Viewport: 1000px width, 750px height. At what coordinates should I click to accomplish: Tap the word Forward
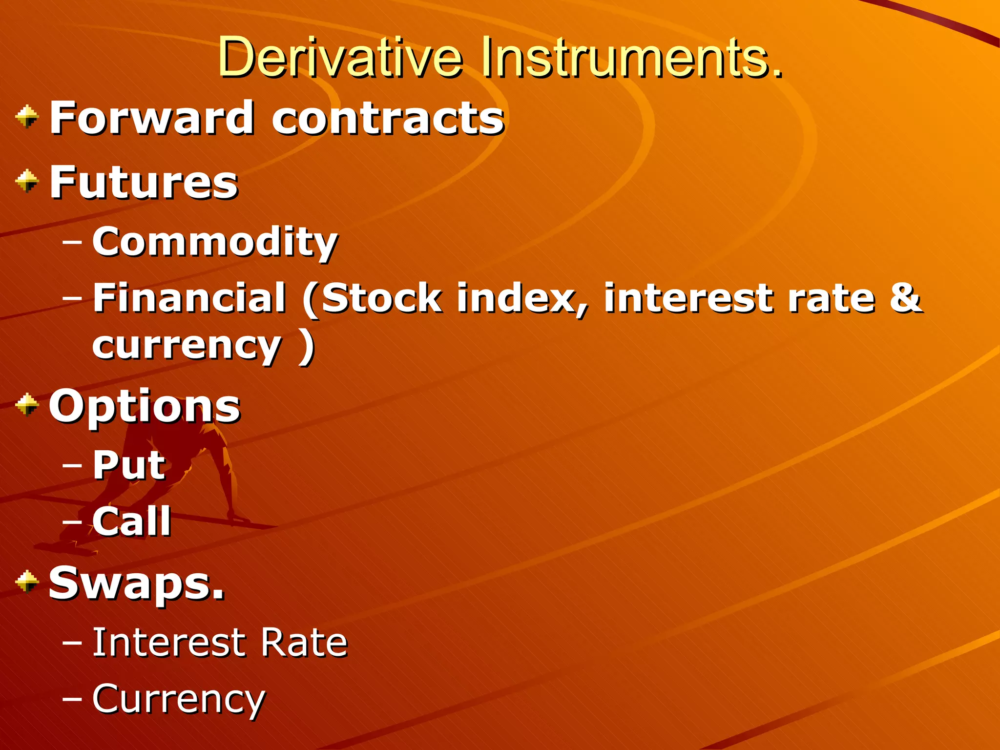click(152, 118)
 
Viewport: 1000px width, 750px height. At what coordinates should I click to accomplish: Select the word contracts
click(388, 119)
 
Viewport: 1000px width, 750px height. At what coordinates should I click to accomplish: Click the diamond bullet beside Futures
click(27, 181)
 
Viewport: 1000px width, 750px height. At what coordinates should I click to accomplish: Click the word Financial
click(189, 297)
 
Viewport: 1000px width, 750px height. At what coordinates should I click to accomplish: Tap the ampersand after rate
click(906, 297)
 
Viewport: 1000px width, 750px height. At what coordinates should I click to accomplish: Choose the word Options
click(145, 406)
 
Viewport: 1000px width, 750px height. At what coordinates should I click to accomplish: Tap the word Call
click(132, 521)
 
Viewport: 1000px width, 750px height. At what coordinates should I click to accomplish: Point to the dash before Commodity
click(72, 240)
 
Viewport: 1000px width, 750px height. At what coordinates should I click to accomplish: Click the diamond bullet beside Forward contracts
click(27, 117)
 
